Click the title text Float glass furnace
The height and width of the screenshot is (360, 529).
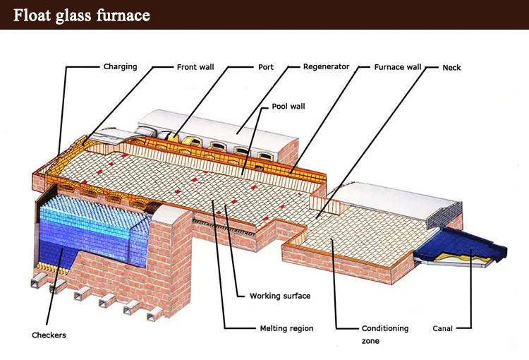point(82,15)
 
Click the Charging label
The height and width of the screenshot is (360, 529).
point(120,67)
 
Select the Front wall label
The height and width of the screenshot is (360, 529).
point(195,67)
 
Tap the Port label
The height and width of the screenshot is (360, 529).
point(265,67)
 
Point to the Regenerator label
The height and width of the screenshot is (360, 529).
point(326,67)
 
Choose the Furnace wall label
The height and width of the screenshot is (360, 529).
point(397,67)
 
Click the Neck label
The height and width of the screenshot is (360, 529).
point(451,67)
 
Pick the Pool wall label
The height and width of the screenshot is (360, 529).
point(288,107)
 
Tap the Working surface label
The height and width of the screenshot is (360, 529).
point(279,296)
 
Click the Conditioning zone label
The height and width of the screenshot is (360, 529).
point(384,328)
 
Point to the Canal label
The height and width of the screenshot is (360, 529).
point(442,328)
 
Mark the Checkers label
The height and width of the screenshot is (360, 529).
point(49,335)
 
